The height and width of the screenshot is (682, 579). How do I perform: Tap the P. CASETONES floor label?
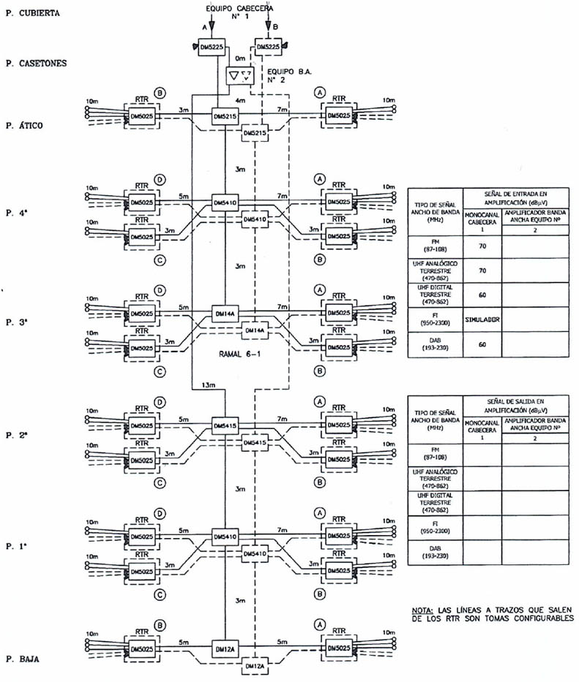[35, 63]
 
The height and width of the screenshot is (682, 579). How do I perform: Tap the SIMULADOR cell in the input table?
[482, 319]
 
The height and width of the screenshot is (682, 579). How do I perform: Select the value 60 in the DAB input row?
[482, 344]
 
